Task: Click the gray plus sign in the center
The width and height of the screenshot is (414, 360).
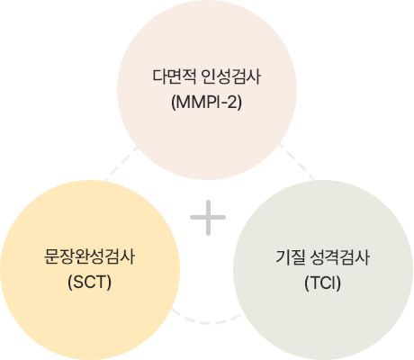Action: click(x=208, y=218)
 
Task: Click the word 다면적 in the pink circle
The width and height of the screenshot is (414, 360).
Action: click(x=175, y=77)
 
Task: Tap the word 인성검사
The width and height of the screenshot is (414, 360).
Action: click(x=231, y=77)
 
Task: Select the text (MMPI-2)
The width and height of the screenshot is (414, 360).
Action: click(x=206, y=103)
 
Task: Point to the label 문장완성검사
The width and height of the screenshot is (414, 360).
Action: click(x=89, y=257)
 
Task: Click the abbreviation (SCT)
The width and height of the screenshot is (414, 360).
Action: click(x=89, y=283)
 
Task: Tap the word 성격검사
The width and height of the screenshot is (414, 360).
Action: click(x=339, y=257)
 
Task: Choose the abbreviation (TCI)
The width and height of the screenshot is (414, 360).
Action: click(x=323, y=283)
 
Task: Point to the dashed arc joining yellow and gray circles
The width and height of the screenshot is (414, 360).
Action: click(x=206, y=320)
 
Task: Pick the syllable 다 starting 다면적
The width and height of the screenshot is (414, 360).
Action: click(x=159, y=77)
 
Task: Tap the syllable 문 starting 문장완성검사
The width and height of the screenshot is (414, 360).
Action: click(x=51, y=257)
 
